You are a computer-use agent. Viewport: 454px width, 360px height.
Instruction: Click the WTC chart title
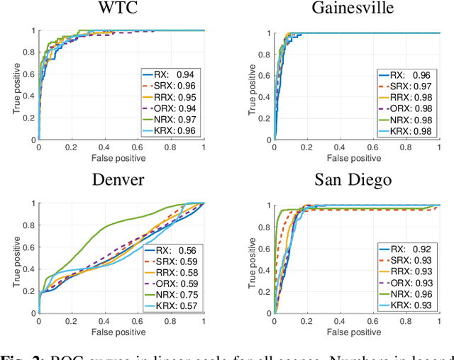click(121, 10)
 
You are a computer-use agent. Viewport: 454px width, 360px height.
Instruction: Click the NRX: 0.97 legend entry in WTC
click(170, 119)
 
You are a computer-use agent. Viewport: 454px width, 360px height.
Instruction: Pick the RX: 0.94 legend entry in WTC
click(170, 74)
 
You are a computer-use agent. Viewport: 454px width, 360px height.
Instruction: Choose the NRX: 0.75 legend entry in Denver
click(170, 295)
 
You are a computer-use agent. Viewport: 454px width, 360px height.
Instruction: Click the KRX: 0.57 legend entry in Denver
click(170, 306)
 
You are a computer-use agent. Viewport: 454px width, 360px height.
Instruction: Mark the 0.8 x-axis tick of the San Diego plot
click(407, 322)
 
